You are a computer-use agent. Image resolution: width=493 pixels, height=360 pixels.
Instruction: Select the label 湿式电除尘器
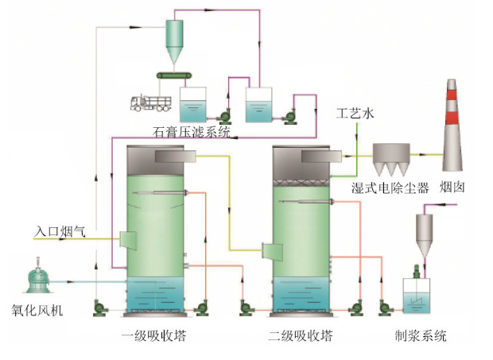pos(390,188)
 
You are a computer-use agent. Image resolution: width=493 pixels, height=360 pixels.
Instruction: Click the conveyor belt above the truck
pos(177,75)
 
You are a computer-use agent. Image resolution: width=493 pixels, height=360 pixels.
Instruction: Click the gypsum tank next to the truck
pos(192,104)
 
